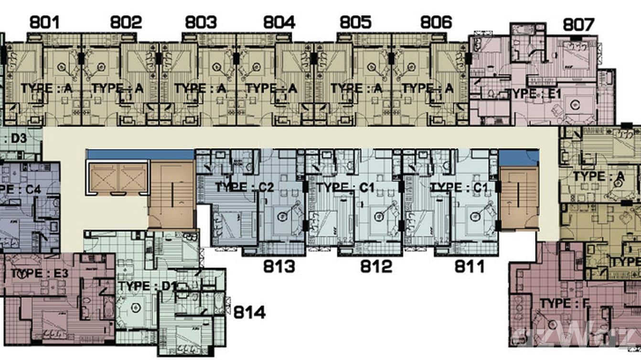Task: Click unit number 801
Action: tap(45, 22)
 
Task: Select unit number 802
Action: tap(126, 22)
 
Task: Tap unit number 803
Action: tap(201, 22)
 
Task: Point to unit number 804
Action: tap(279, 22)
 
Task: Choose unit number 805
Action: tap(356, 22)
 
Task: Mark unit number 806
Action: tap(436, 22)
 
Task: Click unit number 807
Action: tap(578, 24)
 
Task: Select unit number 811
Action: tap(470, 266)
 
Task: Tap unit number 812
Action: tap(376, 266)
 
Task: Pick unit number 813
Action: tap(279, 266)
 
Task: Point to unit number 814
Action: tap(249, 313)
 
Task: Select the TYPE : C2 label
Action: tap(244, 187)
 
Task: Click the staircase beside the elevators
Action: tap(172, 195)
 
